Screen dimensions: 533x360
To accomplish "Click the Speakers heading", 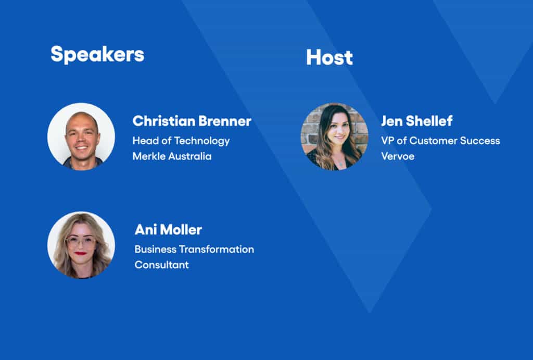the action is [x=97, y=54].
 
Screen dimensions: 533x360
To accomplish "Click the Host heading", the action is [x=329, y=57].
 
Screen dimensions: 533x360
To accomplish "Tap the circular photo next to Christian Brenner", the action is [x=81, y=136].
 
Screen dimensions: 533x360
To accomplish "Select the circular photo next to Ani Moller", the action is [x=81, y=245].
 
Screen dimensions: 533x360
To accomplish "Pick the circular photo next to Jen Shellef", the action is [x=335, y=136].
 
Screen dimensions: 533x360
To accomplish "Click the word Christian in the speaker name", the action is [x=163, y=121].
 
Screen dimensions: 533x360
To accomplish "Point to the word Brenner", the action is [x=225, y=121].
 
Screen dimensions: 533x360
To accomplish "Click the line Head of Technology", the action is [x=181, y=141].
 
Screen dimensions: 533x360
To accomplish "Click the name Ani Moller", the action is [x=168, y=230].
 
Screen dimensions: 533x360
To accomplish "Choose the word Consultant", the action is [x=161, y=265].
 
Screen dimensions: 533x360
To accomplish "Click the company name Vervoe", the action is [x=398, y=156].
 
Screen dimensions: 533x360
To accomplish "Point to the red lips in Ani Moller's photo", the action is [x=81, y=253].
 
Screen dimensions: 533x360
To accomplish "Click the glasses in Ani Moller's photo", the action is [x=81, y=242].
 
